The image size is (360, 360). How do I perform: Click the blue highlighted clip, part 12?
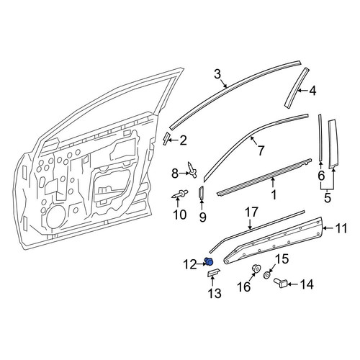pos(209,261)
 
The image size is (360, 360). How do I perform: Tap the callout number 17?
pos(251,212)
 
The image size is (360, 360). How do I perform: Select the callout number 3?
pos(217,74)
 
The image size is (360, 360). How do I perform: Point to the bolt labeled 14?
pos(280,283)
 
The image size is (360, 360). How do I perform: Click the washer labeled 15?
pos(267,275)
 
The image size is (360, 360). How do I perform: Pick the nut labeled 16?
pos(256,269)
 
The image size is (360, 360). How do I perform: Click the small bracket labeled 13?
pos(213,273)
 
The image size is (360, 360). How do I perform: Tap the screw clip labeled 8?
pos(192,170)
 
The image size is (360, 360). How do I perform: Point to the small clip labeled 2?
pos(166,139)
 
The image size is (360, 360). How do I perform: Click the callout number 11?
pos(341,228)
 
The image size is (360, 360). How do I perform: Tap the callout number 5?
pos(328,198)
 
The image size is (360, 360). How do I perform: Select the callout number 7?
pos(261,150)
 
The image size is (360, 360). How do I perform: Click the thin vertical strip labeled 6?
pos(320,138)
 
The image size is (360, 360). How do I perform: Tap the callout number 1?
pos(274,194)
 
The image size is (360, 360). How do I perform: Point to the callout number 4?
pos(312,91)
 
